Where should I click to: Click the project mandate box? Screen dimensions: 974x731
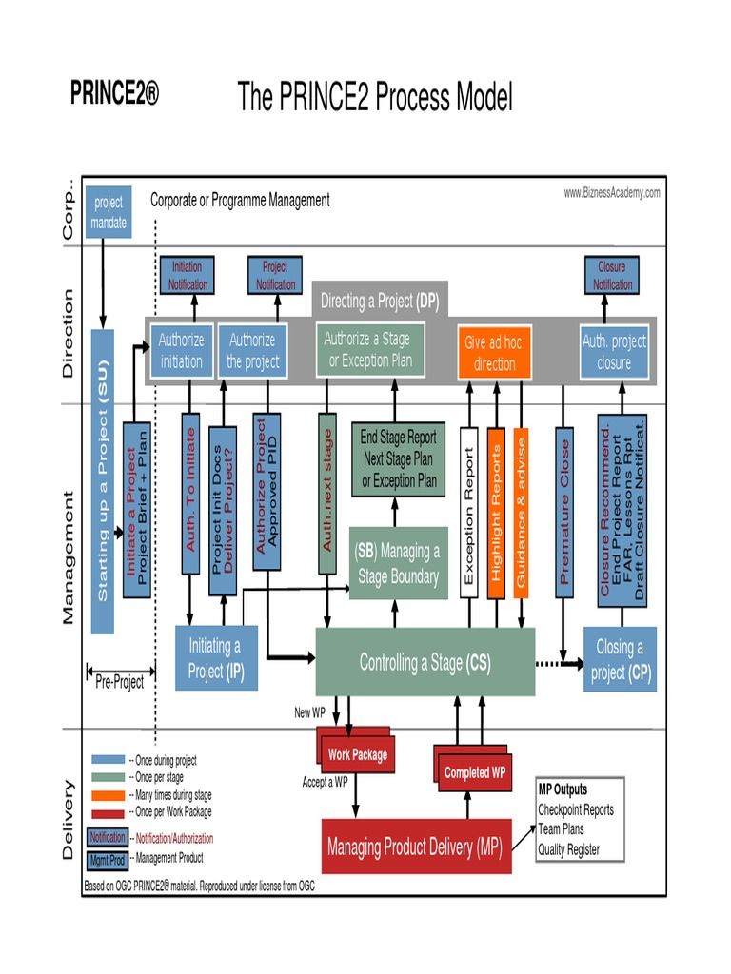(109, 212)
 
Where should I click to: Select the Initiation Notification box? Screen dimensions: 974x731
(188, 276)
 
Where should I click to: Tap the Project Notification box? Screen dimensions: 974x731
(275, 276)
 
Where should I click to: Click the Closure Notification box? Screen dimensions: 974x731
(611, 276)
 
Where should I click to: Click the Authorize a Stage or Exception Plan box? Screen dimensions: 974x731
(370, 350)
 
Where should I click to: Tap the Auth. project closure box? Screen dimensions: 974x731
(614, 351)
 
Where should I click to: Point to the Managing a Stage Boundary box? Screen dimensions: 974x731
(398, 563)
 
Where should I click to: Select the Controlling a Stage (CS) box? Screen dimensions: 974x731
(425, 663)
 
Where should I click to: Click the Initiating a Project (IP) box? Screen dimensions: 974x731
(216, 658)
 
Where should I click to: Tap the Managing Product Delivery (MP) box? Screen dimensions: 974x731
(416, 846)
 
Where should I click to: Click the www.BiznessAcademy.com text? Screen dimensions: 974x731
(611, 193)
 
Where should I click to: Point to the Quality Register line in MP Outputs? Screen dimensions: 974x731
(568, 849)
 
